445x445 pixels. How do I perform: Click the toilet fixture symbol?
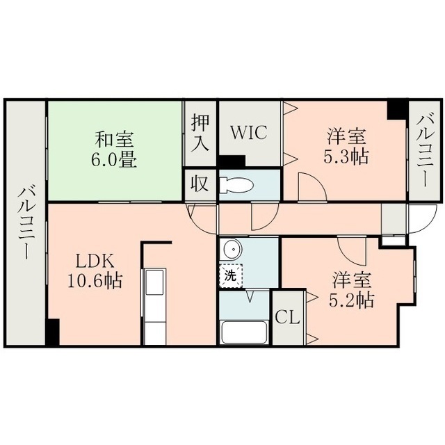click(x=236, y=186)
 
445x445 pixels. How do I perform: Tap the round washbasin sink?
click(x=233, y=250)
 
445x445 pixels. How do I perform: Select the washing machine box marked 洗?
click(x=231, y=275)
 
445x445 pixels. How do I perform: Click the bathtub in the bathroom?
click(x=245, y=332)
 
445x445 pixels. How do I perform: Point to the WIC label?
click(x=249, y=132)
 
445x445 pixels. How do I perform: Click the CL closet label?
click(x=288, y=318)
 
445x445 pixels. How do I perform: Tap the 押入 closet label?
click(x=200, y=132)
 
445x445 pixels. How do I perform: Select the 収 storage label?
click(x=200, y=184)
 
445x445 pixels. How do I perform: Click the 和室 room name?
click(x=114, y=139)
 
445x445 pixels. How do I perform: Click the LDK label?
click(x=95, y=261)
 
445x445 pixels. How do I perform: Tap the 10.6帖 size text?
click(x=95, y=280)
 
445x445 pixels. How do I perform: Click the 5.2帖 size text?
click(x=351, y=300)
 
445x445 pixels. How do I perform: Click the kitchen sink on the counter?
click(x=154, y=282)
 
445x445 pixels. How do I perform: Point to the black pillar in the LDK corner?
click(x=53, y=332)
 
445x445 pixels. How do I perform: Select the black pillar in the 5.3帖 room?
click(x=398, y=110)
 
